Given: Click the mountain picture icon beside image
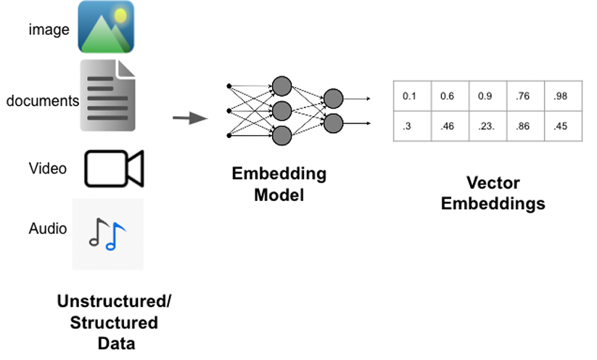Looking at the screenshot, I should (x=106, y=28).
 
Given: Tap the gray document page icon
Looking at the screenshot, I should (x=107, y=95).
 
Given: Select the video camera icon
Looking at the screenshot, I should (x=114, y=168).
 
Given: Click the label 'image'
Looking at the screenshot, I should (x=49, y=30).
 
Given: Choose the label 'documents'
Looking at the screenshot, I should (x=42, y=101).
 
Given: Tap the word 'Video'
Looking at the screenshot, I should (x=48, y=168).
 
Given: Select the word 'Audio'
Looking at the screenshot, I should (x=48, y=229).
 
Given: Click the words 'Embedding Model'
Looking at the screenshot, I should (x=279, y=184).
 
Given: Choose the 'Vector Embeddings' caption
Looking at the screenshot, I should (x=493, y=193).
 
